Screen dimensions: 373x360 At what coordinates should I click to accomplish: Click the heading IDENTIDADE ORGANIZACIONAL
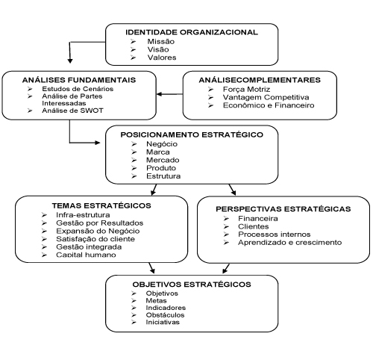pyautogui.click(x=192, y=32)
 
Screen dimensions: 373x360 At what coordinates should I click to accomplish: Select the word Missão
pyautogui.click(x=161, y=42)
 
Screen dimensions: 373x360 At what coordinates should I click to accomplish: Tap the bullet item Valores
pyautogui.click(x=162, y=58)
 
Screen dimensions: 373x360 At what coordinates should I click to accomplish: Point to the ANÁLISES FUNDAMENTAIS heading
pyautogui.click(x=79, y=80)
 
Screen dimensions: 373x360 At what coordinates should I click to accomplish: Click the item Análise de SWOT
pyautogui.click(x=72, y=111)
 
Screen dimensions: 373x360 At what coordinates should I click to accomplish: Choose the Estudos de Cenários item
pyautogui.click(x=78, y=89)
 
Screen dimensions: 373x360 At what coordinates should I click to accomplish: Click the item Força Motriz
pyautogui.click(x=246, y=90)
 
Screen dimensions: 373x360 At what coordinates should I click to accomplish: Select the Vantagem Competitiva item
pyautogui.click(x=266, y=97)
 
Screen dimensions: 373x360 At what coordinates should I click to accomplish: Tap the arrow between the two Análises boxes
pyautogui.click(x=169, y=94)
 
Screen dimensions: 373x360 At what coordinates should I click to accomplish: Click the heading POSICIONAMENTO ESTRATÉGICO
pyautogui.click(x=192, y=134)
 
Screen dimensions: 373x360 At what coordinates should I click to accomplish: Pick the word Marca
pyautogui.click(x=158, y=152)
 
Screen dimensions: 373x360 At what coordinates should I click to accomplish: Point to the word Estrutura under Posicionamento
pyautogui.click(x=163, y=176)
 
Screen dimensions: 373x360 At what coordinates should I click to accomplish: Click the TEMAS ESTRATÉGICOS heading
pyautogui.click(x=101, y=205)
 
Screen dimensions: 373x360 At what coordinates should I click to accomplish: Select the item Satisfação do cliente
pyautogui.click(x=95, y=239)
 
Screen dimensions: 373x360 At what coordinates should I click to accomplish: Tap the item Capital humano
pyautogui.click(x=86, y=255)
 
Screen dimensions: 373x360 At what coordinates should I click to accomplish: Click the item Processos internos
pyautogui.click(x=275, y=235)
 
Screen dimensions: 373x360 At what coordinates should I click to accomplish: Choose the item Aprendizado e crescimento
pyautogui.click(x=290, y=243)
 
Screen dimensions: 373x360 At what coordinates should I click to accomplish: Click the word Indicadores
pyautogui.click(x=166, y=308)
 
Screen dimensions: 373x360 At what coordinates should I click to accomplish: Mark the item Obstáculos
pyautogui.click(x=165, y=315)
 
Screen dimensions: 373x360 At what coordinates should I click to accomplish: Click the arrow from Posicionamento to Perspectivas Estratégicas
pyautogui.click(x=232, y=190)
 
